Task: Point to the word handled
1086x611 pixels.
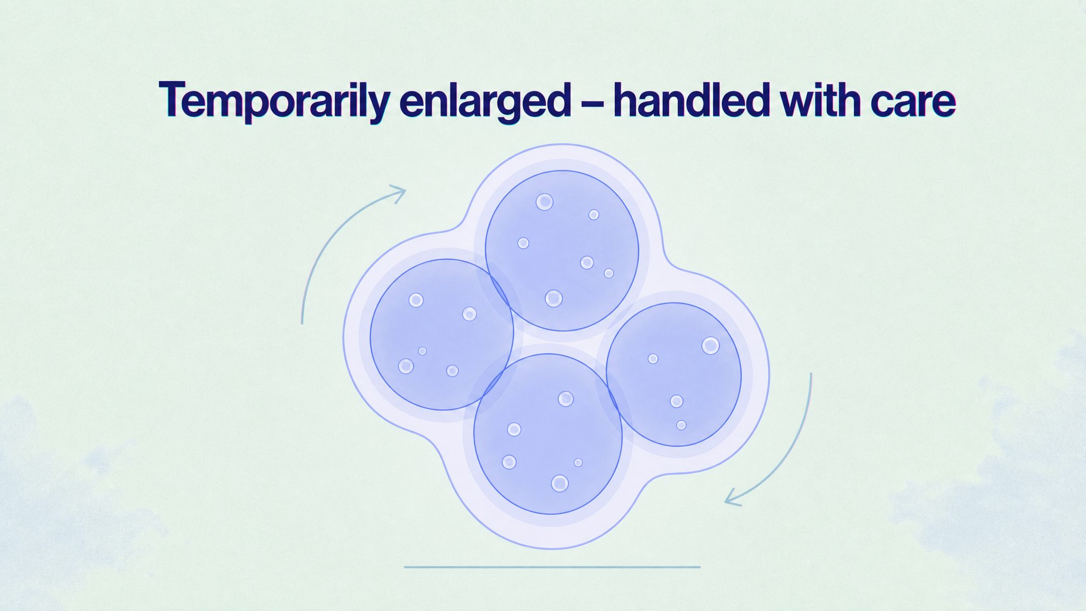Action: [x=691, y=99]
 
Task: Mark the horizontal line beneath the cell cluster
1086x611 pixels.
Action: [x=552, y=567]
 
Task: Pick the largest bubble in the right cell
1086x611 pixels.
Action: [x=711, y=346]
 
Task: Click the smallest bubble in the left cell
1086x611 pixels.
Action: [x=422, y=351]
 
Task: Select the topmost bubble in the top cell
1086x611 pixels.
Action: [x=545, y=202]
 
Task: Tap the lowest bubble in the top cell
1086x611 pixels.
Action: [x=554, y=299]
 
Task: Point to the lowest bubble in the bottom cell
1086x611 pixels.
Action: [x=560, y=483]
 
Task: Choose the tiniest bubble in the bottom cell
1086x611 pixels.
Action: [x=578, y=462]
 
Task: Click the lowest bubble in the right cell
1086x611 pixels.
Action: [x=681, y=425]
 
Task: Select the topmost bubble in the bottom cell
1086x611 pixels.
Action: [x=566, y=399]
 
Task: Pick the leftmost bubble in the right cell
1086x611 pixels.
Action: [x=653, y=359]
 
